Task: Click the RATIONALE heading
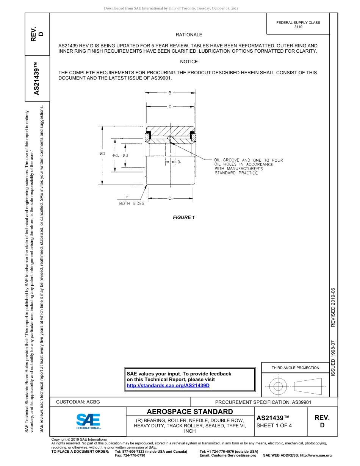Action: [189, 35]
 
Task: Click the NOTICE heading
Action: [189, 62]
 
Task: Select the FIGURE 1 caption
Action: [184, 217]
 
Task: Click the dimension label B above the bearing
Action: [170, 92]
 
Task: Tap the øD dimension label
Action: [102, 154]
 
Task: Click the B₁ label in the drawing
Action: [180, 163]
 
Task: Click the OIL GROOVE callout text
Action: [249, 166]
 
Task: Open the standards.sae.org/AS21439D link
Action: [168, 386]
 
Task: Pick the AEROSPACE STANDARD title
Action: [190, 412]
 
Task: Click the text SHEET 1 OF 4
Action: [274, 425]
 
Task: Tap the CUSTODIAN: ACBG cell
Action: [78, 402]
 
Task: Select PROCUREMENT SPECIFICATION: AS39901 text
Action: [263, 402]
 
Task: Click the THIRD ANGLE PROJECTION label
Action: [295, 367]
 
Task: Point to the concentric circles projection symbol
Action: [279, 386]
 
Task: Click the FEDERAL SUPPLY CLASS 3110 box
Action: [298, 25]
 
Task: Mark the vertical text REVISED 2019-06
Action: [333, 307]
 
